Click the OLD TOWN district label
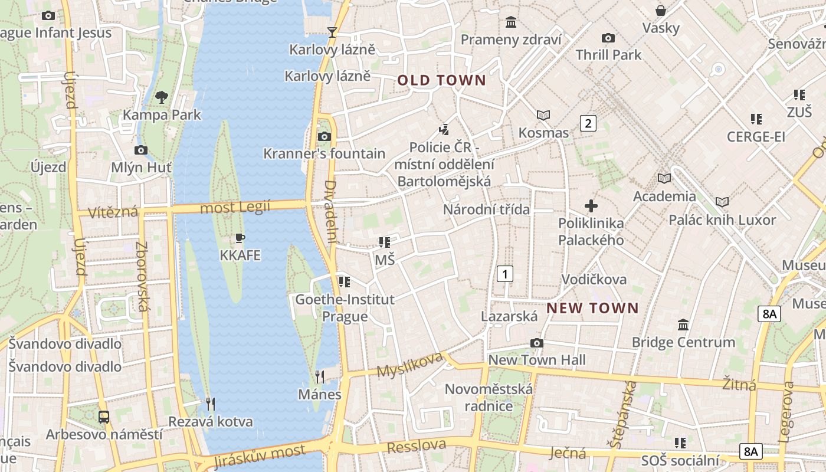click(441, 80)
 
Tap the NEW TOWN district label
click(592, 308)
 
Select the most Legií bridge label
click(235, 207)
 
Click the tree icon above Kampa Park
click(162, 97)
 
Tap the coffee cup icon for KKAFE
click(240, 238)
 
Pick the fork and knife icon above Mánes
click(320, 376)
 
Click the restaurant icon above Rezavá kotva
click(211, 404)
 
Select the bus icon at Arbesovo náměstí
click(104, 417)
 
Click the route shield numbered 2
click(588, 123)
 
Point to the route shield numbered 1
click(504, 274)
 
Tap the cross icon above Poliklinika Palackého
click(591, 206)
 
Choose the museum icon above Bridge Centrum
click(683, 324)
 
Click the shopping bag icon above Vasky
click(661, 11)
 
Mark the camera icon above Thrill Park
click(608, 38)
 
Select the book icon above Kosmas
click(543, 115)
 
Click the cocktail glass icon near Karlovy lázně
click(332, 32)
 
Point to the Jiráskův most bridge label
click(260, 455)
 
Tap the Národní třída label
click(486, 209)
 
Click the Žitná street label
click(739, 385)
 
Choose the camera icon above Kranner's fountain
click(324, 137)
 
